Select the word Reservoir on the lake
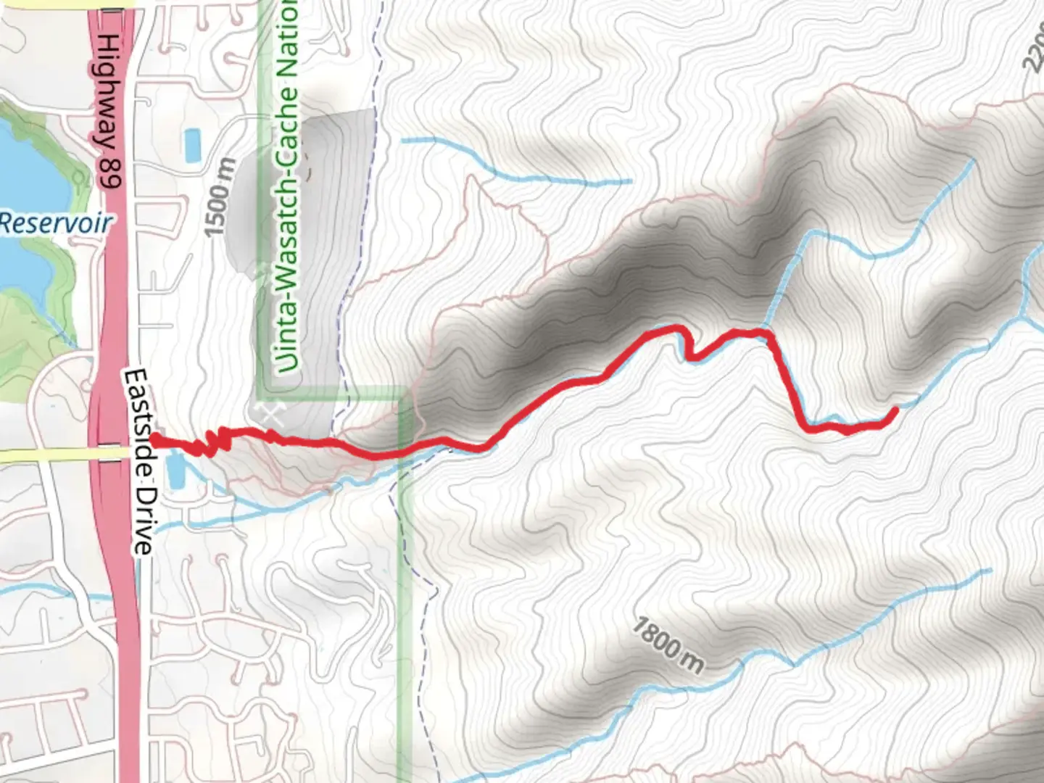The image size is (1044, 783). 57,223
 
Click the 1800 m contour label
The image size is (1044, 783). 667,644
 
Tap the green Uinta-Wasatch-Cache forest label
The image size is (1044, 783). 289,188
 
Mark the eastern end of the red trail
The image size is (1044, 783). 896,410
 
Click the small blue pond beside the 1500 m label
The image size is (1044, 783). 192,145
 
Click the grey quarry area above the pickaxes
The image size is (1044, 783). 304,217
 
